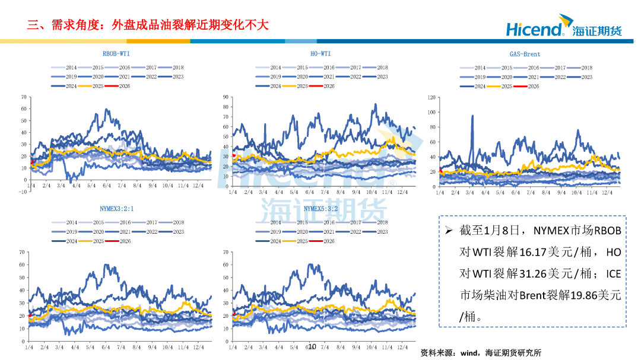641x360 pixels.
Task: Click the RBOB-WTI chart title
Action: pyautogui.click(x=116, y=53)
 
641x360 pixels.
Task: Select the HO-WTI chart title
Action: pyautogui.click(x=320, y=53)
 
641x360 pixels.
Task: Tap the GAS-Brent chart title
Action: pyautogui.click(x=525, y=53)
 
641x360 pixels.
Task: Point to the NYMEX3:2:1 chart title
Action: pyautogui.click(x=116, y=208)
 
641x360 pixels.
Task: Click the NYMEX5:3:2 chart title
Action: pyautogui.click(x=320, y=208)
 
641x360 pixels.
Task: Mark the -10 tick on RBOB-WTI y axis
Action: pyautogui.click(x=22, y=192)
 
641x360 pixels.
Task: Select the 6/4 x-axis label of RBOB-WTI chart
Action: pyautogui.click(x=107, y=186)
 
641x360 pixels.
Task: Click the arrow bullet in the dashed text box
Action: pyautogui.click(x=449, y=230)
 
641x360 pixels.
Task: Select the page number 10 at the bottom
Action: pyautogui.click(x=312, y=345)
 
